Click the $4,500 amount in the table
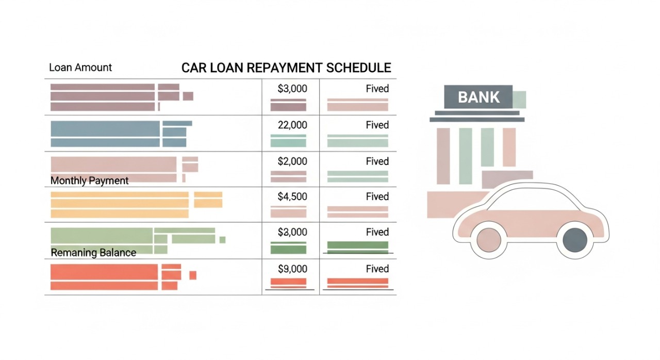coord(292,197)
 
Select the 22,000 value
coord(292,125)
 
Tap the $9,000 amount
coord(292,269)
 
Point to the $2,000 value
coord(292,161)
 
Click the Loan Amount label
coord(80,68)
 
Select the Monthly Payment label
coord(90,181)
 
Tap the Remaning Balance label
coord(93,253)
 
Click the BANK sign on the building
coord(478,97)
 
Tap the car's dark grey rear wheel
coord(575,239)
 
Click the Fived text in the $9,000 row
coord(377,269)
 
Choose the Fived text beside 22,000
coord(377,125)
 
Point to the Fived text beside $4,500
coord(377,197)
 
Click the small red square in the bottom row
coord(193,275)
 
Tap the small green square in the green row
coord(222,239)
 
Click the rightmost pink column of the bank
coord(509,147)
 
